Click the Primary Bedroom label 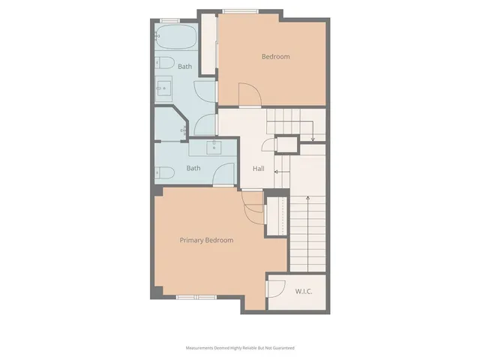pos(206,240)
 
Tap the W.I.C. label pos(304,292)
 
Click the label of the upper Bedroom pos(275,56)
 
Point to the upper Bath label pos(184,67)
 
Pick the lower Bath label pos(193,168)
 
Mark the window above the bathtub pos(170,22)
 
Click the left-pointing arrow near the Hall pos(277,172)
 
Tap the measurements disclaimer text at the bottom pos(240,349)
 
